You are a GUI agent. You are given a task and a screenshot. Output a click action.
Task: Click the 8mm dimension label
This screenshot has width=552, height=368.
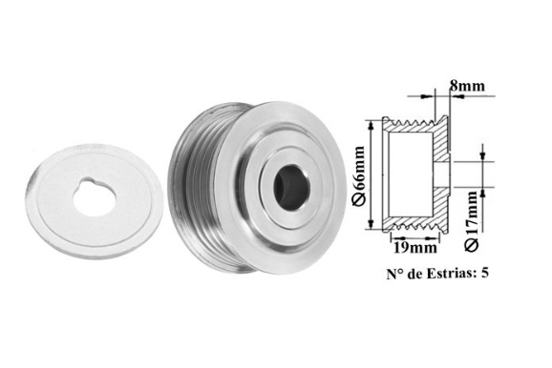[x=467, y=86]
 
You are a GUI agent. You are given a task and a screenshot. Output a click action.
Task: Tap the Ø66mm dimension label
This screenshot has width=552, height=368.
[x=360, y=175]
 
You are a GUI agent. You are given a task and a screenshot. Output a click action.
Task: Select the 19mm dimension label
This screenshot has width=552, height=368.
[x=415, y=248]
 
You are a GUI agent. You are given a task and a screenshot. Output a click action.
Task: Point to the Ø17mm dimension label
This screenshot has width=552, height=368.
[x=472, y=221]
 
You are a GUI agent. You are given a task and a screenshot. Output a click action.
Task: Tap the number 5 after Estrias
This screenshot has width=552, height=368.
[x=485, y=273]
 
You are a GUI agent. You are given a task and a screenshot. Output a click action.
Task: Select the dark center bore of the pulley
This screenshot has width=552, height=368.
[x=291, y=188]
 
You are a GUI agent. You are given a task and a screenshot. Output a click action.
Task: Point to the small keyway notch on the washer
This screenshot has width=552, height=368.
[x=87, y=181]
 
